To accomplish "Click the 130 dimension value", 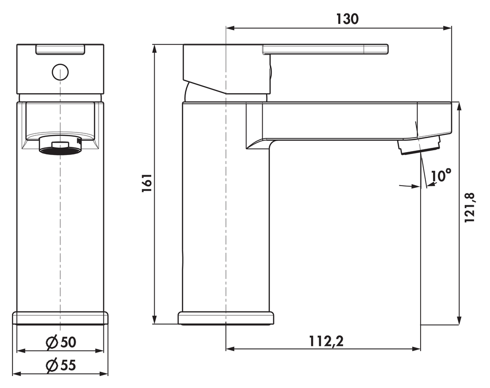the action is [x=347, y=19].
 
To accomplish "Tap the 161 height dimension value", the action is [x=147, y=183].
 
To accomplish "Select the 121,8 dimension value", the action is [x=469, y=208].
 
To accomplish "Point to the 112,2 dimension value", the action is [x=326, y=341].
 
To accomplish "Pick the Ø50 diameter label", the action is [x=61, y=342].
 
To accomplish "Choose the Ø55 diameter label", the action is [x=61, y=365].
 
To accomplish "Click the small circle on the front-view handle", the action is [x=60, y=72].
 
